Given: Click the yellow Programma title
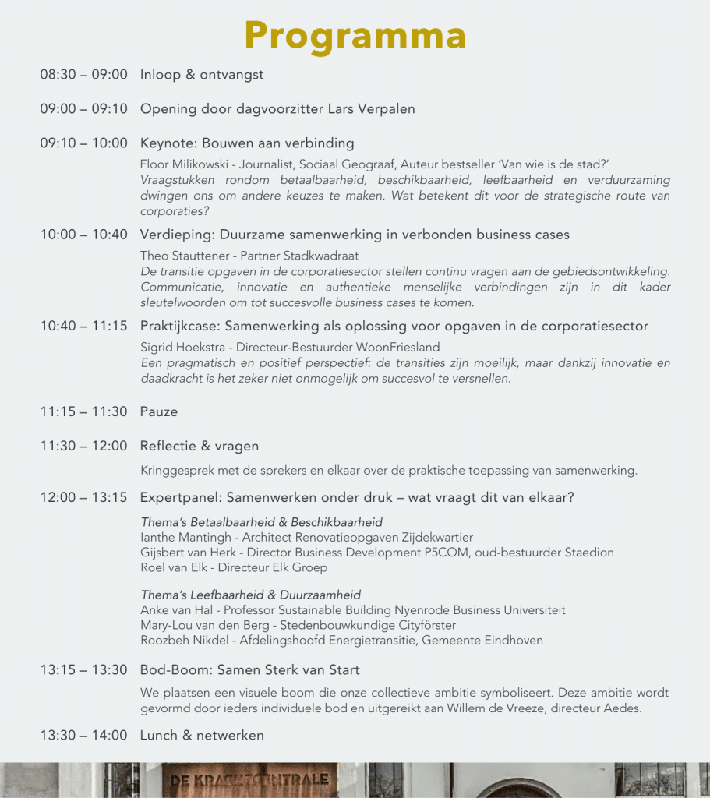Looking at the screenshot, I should pyautogui.click(x=355, y=35).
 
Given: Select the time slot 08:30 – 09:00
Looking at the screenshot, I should pyautogui.click(x=83, y=75).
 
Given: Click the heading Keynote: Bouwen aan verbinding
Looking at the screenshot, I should pyautogui.click(x=247, y=143).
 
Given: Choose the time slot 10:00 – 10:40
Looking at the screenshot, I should pyautogui.click(x=83, y=235).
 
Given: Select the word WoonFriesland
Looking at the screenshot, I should pyautogui.click(x=401, y=347).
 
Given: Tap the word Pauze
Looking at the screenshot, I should pyautogui.click(x=159, y=411).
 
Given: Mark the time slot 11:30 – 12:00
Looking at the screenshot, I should pyautogui.click(x=83, y=446).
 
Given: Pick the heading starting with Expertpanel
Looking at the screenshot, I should pyautogui.click(x=357, y=497).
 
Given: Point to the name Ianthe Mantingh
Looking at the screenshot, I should pyautogui.click(x=187, y=537).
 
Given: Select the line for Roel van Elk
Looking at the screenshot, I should pyautogui.click(x=234, y=567).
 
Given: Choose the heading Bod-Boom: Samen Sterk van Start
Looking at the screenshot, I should pyautogui.click(x=249, y=670).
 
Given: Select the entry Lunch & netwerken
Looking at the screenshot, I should pyautogui.click(x=202, y=736).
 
